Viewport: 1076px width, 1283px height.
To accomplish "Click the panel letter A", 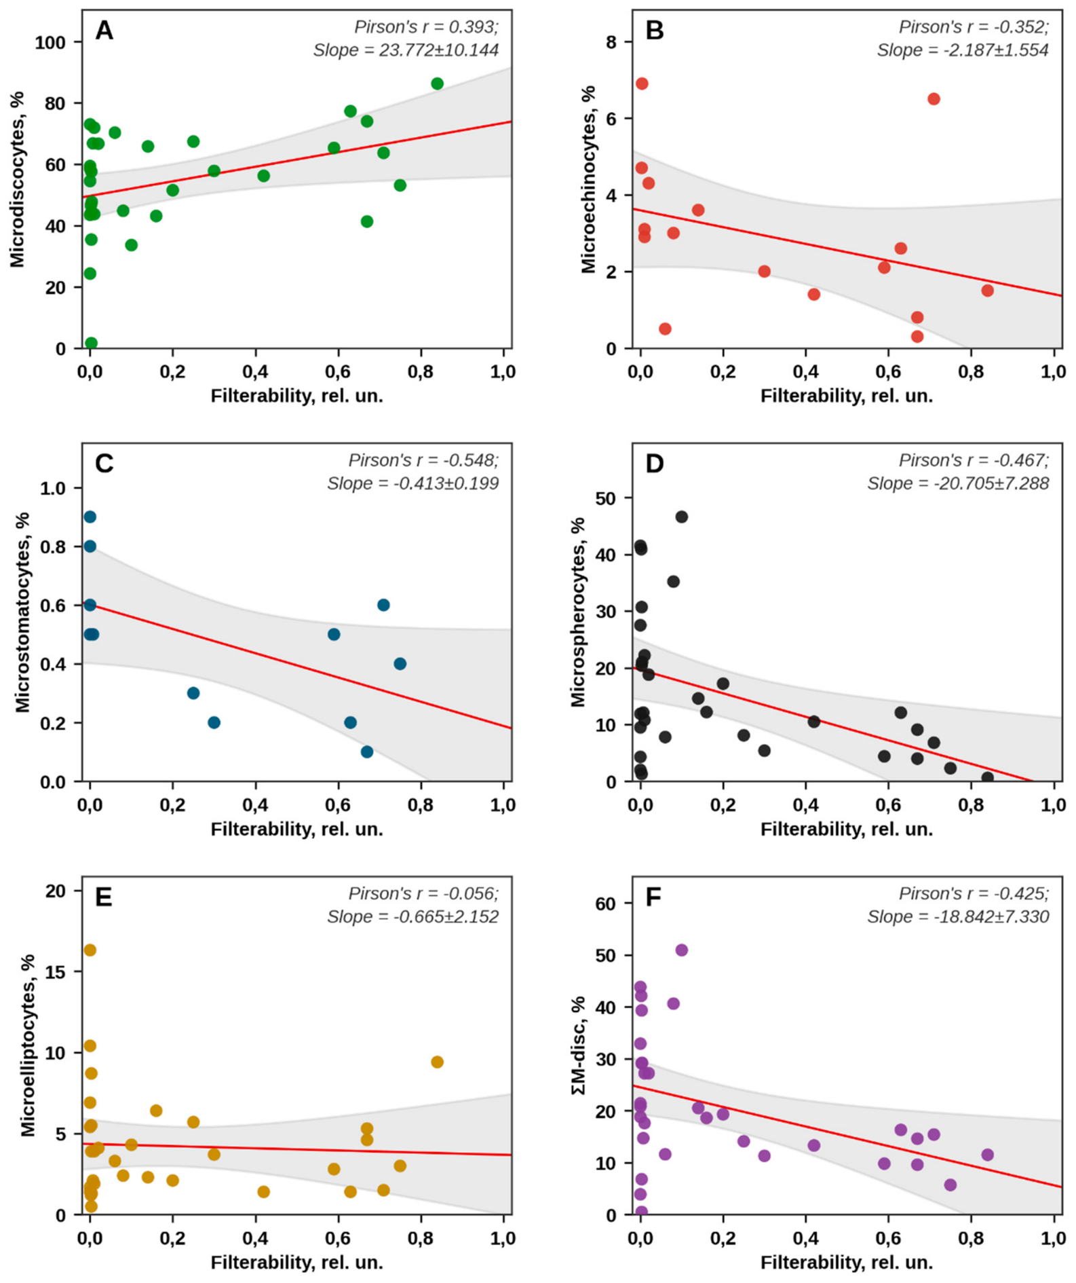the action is pos(104,31).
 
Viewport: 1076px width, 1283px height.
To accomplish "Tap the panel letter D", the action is pos(654,464).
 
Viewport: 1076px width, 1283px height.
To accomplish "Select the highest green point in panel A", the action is pos(437,83).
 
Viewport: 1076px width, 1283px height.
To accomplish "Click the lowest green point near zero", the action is pos(91,343).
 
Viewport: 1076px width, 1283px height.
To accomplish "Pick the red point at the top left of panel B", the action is pos(642,83).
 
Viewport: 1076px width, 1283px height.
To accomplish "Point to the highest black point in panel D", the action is pos(682,517).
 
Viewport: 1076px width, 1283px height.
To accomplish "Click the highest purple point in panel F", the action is pos(682,950).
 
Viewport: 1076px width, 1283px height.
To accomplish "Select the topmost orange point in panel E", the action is pos(90,950).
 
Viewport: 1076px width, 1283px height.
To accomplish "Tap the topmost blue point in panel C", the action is pos(90,517).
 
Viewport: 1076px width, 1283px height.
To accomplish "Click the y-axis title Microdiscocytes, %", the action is pos(17,180).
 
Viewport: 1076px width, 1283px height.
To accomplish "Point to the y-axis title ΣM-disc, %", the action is pos(579,1046).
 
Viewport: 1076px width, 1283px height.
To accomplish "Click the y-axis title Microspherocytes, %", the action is pos(578,612).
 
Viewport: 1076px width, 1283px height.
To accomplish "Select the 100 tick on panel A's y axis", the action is pos(50,42).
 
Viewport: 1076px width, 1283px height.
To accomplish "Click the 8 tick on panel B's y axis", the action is pos(611,42).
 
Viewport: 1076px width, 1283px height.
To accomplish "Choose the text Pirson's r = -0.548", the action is pos(423,460).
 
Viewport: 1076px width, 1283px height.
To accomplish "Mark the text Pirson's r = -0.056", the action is pos(423,893).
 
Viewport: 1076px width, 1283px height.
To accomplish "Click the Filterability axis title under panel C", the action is pos(296,829).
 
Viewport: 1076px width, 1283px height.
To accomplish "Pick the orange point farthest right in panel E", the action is pos(437,1062).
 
